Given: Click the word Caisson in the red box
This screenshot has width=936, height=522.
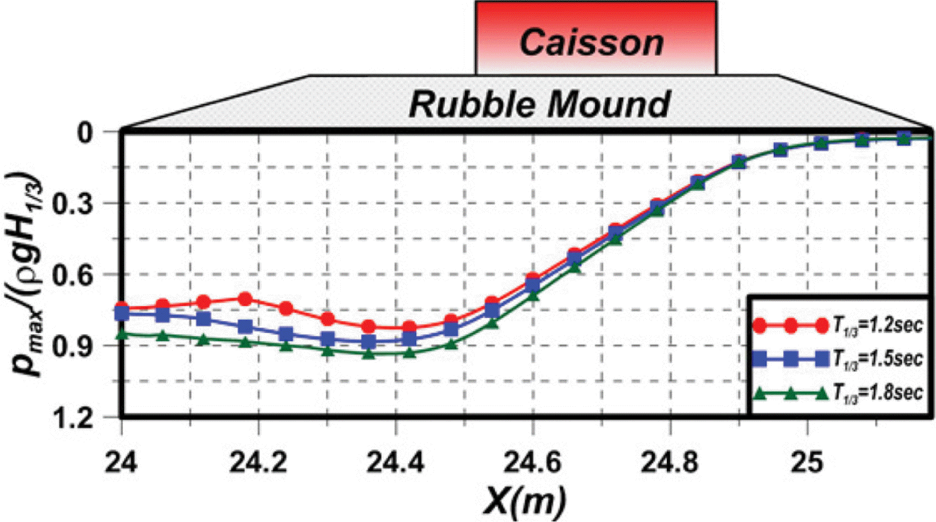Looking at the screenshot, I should [x=592, y=43].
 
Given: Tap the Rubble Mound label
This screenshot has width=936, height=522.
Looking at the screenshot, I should [x=539, y=104].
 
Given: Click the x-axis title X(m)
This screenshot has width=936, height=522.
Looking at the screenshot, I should [x=524, y=501].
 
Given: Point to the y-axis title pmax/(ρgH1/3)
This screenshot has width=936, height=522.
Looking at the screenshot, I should [x=25, y=275].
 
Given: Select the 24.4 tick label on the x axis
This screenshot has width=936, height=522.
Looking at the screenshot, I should [x=395, y=461].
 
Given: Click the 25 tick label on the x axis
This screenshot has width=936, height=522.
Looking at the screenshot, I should [x=807, y=461].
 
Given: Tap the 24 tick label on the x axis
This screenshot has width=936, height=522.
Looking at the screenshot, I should [x=121, y=461].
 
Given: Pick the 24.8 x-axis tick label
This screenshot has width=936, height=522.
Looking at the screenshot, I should [x=669, y=461].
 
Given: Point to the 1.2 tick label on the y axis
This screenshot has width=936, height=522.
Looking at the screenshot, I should [x=73, y=418].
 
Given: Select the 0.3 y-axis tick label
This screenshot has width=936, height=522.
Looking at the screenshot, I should [x=73, y=204].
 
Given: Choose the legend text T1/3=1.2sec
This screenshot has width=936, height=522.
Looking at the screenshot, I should [x=877, y=325].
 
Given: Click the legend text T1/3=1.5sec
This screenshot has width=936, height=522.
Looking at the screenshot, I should [x=877, y=359].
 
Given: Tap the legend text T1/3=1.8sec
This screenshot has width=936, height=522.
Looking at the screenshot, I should [x=877, y=392].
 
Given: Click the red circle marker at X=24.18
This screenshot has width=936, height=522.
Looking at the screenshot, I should [x=245, y=298].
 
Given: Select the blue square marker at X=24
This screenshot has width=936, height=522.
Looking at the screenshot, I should [x=122, y=314].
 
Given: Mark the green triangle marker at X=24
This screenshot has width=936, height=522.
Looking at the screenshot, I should [x=122, y=334].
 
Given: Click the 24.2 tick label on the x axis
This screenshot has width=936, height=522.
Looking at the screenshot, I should [x=258, y=461].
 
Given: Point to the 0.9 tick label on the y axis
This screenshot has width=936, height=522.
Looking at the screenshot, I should [x=73, y=346].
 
